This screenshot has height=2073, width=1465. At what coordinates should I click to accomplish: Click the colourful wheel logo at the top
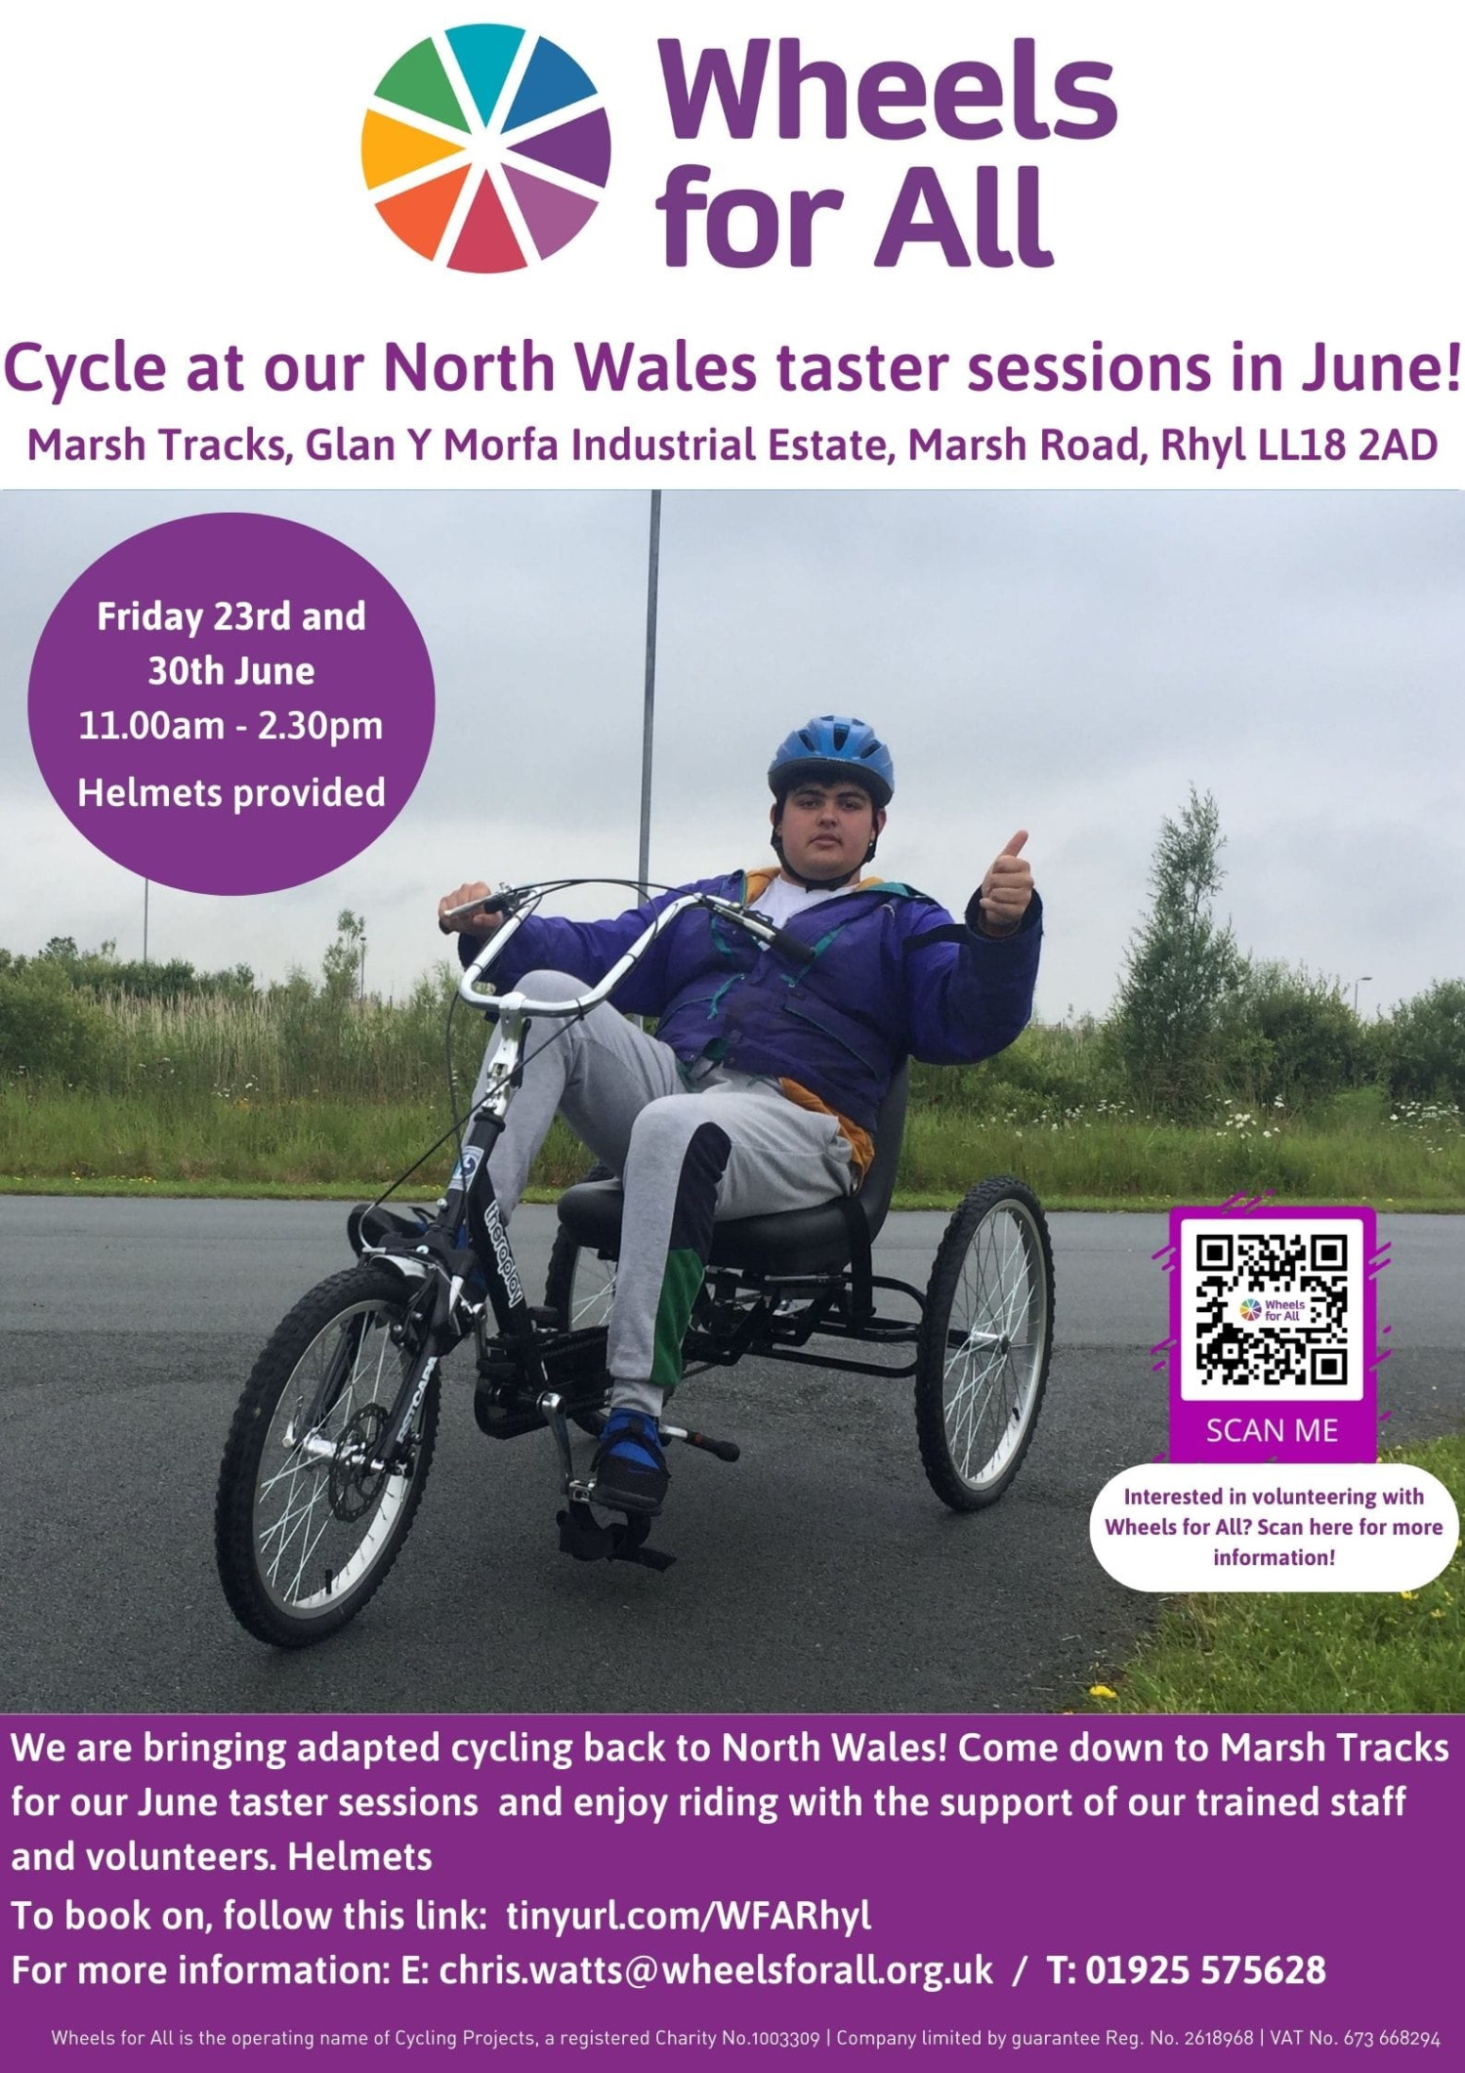(x=486, y=148)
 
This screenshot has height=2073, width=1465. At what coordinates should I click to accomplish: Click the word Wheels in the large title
(x=887, y=90)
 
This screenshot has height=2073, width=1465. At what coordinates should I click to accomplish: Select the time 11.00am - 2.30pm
(x=231, y=726)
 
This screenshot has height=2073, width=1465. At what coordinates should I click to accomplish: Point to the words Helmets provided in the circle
(x=231, y=792)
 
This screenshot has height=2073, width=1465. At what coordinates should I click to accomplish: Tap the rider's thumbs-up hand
(x=1006, y=879)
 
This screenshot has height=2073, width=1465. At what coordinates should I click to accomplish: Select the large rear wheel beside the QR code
(x=984, y=1342)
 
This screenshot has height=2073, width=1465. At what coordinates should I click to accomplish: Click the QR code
(x=1272, y=1310)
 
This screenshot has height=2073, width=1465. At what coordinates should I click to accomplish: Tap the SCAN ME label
(x=1272, y=1430)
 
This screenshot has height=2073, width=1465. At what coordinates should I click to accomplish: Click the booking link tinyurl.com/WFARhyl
(x=689, y=1917)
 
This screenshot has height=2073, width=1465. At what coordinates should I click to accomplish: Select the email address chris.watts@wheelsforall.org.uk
(x=716, y=1970)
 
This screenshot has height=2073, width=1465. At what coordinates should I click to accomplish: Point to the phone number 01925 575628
(x=1205, y=1970)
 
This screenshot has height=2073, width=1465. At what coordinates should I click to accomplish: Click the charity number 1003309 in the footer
(x=784, y=2038)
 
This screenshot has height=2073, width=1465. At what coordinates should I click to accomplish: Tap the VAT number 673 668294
(x=1392, y=2038)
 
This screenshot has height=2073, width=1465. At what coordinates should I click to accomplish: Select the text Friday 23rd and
(x=231, y=616)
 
